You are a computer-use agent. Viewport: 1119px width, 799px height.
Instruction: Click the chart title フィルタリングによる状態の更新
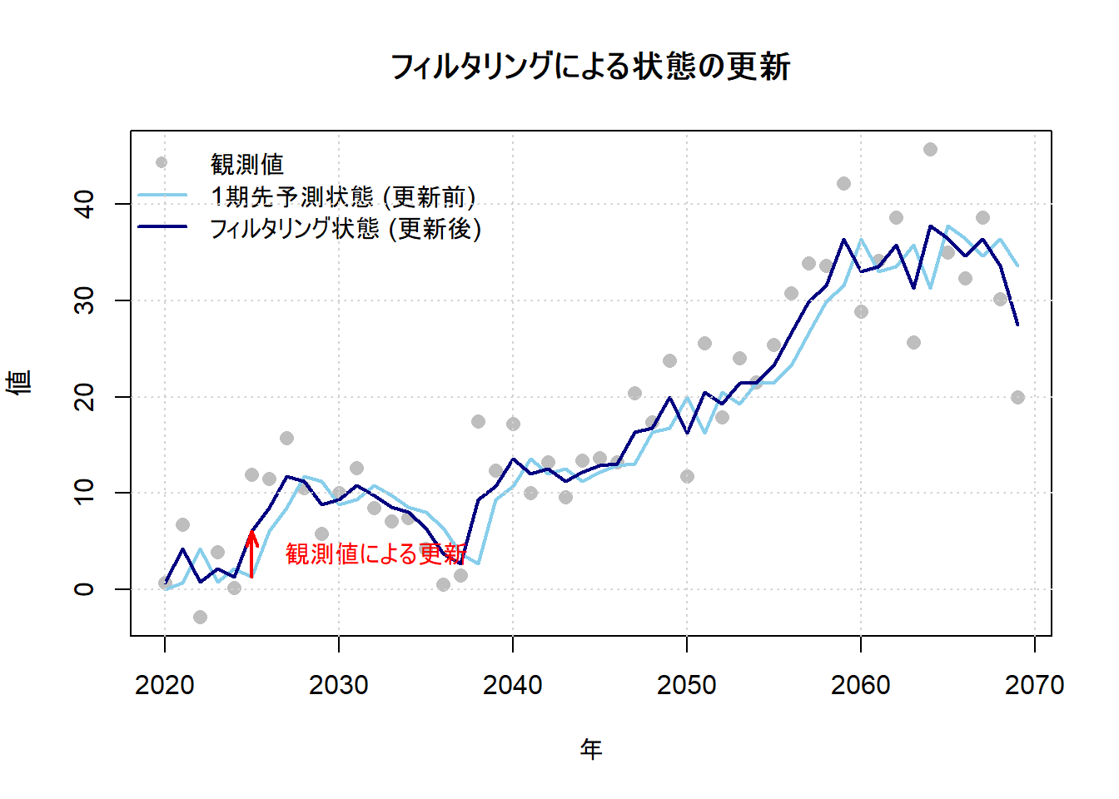click(590, 67)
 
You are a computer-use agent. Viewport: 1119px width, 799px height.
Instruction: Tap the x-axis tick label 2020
click(165, 685)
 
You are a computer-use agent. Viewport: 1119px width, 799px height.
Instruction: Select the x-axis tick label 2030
click(339, 685)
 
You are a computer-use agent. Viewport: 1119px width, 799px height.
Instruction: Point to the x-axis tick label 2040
click(513, 685)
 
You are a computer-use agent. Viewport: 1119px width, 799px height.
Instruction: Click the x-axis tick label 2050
click(687, 685)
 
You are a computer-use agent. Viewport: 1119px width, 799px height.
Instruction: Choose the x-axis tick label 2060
click(861, 685)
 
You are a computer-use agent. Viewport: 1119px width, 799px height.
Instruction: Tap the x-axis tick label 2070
click(1035, 685)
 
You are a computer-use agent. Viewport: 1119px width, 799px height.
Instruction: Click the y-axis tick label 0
click(85, 589)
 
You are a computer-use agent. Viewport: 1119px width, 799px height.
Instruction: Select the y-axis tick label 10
click(85, 493)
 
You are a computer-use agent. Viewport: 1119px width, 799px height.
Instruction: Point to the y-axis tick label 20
click(85, 397)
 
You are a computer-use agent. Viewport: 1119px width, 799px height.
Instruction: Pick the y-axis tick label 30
click(85, 300)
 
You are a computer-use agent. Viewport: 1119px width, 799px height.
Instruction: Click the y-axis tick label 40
click(85, 204)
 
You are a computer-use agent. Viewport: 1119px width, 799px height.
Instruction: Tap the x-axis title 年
click(591, 749)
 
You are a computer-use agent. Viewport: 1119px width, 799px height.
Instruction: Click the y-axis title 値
click(20, 382)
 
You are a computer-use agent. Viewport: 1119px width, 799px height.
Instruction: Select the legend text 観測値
click(247, 164)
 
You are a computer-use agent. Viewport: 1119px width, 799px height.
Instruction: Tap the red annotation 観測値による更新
click(375, 553)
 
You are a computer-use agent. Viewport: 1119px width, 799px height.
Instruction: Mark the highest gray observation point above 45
click(930, 149)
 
